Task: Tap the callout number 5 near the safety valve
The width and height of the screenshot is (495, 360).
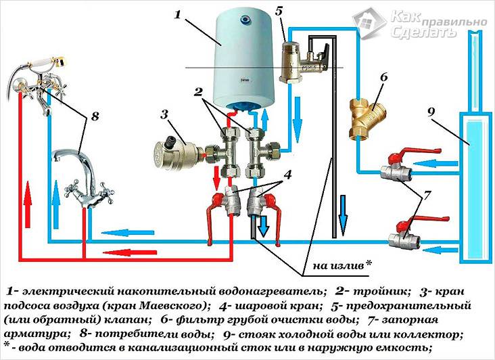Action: point(279,12)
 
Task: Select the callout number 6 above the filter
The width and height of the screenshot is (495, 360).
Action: point(383,78)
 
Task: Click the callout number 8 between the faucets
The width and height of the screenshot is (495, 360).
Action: point(94,116)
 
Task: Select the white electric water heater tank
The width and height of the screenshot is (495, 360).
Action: point(243,61)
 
